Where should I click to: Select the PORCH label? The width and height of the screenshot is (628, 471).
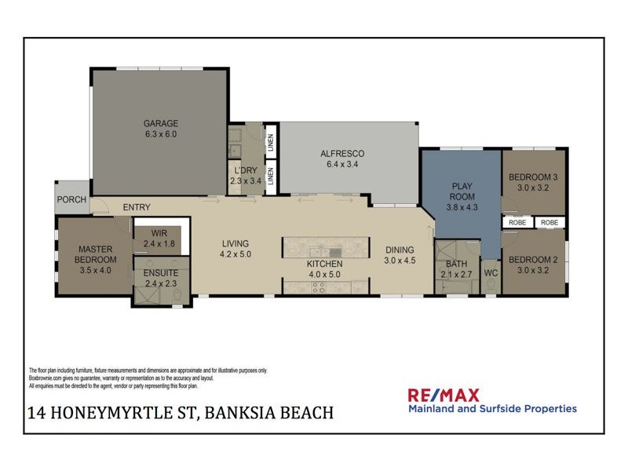pos(71,199)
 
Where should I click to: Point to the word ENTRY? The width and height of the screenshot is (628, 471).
pos(136,207)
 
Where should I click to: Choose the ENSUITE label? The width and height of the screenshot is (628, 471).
pos(160,279)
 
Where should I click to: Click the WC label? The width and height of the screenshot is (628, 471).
pos(491,272)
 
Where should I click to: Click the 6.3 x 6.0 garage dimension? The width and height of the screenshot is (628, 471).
pos(161,134)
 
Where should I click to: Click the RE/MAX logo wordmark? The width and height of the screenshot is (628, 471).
pos(443,395)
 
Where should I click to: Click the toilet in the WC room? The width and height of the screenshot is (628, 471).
pos(491,287)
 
